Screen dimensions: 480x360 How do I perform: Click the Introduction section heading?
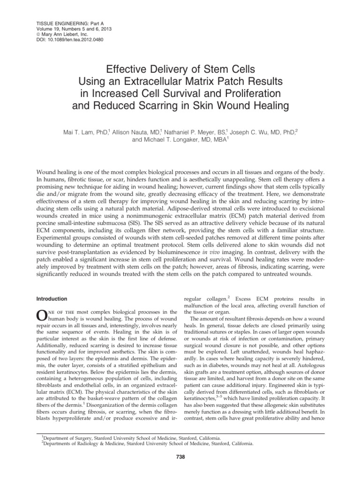pyautogui.click(x=52, y=298)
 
